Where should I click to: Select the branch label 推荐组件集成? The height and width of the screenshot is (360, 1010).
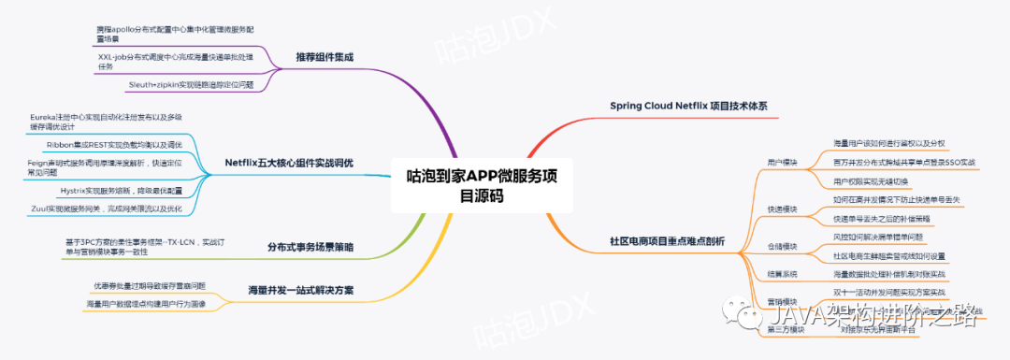click(325, 56)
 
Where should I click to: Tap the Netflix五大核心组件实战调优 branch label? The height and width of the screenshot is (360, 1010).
click(289, 162)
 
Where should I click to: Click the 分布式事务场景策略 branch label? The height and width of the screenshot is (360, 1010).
click(310, 247)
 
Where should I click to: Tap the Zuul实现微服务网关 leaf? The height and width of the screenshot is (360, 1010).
click(106, 208)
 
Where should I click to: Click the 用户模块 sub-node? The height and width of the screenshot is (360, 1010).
click(782, 162)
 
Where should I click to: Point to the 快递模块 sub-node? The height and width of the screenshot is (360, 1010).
click(782, 209)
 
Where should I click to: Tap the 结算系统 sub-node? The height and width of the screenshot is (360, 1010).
click(782, 274)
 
